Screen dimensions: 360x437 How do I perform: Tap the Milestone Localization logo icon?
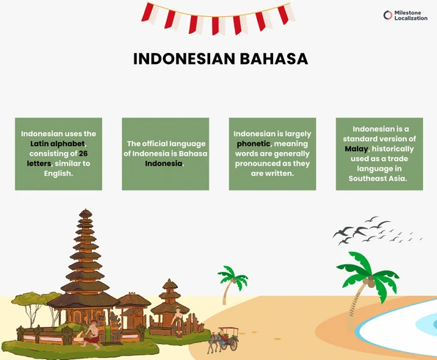tap(388, 15)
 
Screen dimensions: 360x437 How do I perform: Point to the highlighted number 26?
tap(82, 154)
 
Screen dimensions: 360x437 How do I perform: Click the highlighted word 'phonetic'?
tap(253, 144)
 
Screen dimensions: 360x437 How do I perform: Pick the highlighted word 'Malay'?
tap(355, 148)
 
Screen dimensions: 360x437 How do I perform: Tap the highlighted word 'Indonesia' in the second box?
tap(163, 164)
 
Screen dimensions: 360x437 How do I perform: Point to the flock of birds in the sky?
tap(375, 229)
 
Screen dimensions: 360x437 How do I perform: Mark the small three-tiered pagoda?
tap(170, 298)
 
